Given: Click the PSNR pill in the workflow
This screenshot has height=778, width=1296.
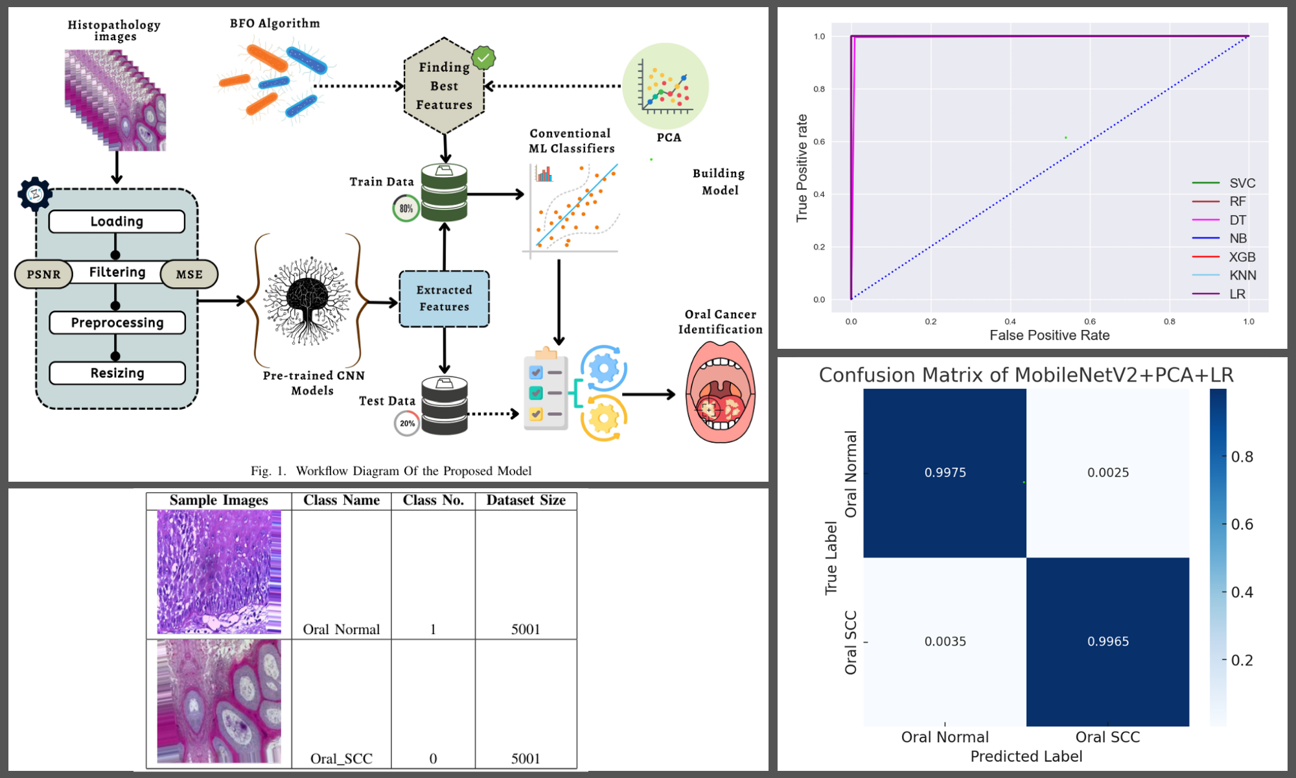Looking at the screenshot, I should (43, 274).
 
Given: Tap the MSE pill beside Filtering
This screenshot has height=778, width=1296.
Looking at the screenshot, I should (189, 274).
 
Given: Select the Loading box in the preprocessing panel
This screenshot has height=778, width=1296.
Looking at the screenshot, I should (117, 221).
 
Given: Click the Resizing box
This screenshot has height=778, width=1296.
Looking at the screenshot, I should (117, 373).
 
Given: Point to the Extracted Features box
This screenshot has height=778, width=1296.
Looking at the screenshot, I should (444, 298).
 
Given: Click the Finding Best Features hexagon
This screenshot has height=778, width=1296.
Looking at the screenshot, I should (444, 86).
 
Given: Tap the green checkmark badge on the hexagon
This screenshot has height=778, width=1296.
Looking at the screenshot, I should (483, 58).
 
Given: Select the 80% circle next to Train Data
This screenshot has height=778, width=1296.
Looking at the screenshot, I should (406, 208).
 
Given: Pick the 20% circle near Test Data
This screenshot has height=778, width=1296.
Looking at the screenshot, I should (407, 423).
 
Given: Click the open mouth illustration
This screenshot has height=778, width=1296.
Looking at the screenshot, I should (720, 393).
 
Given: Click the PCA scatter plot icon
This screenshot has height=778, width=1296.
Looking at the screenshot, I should (665, 86).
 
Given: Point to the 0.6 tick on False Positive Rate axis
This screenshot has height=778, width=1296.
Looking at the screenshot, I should (1090, 321).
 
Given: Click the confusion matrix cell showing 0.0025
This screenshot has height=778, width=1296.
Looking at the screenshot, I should (1108, 473).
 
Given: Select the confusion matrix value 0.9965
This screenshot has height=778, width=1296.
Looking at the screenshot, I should (1108, 641).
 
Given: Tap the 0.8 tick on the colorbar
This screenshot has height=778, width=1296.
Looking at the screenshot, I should (1242, 456).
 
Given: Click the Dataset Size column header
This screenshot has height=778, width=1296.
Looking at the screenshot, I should (526, 500).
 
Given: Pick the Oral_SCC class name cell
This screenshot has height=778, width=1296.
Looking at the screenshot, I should (341, 758).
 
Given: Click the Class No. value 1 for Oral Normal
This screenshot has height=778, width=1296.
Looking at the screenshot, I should (433, 629).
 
